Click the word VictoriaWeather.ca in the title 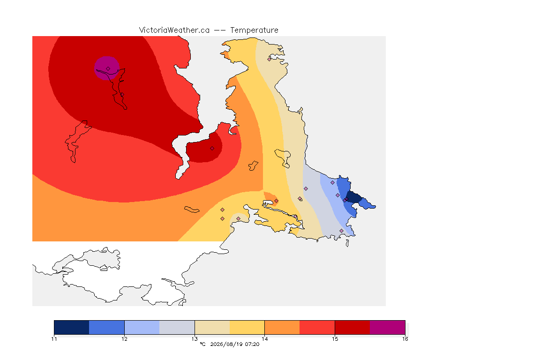174,30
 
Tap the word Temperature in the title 254,30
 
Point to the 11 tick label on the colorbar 54,339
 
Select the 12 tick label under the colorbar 124,339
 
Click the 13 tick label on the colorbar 195,339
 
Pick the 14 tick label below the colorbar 264,339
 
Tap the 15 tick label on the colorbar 335,339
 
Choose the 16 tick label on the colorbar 405,339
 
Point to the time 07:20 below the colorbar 252,344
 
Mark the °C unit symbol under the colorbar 202,344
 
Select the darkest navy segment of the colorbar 72,327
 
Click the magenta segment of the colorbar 388,327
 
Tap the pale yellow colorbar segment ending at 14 247,327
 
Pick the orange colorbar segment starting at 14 282,327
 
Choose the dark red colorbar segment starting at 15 352,327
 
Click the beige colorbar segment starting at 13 212,327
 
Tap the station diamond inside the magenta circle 108,69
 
